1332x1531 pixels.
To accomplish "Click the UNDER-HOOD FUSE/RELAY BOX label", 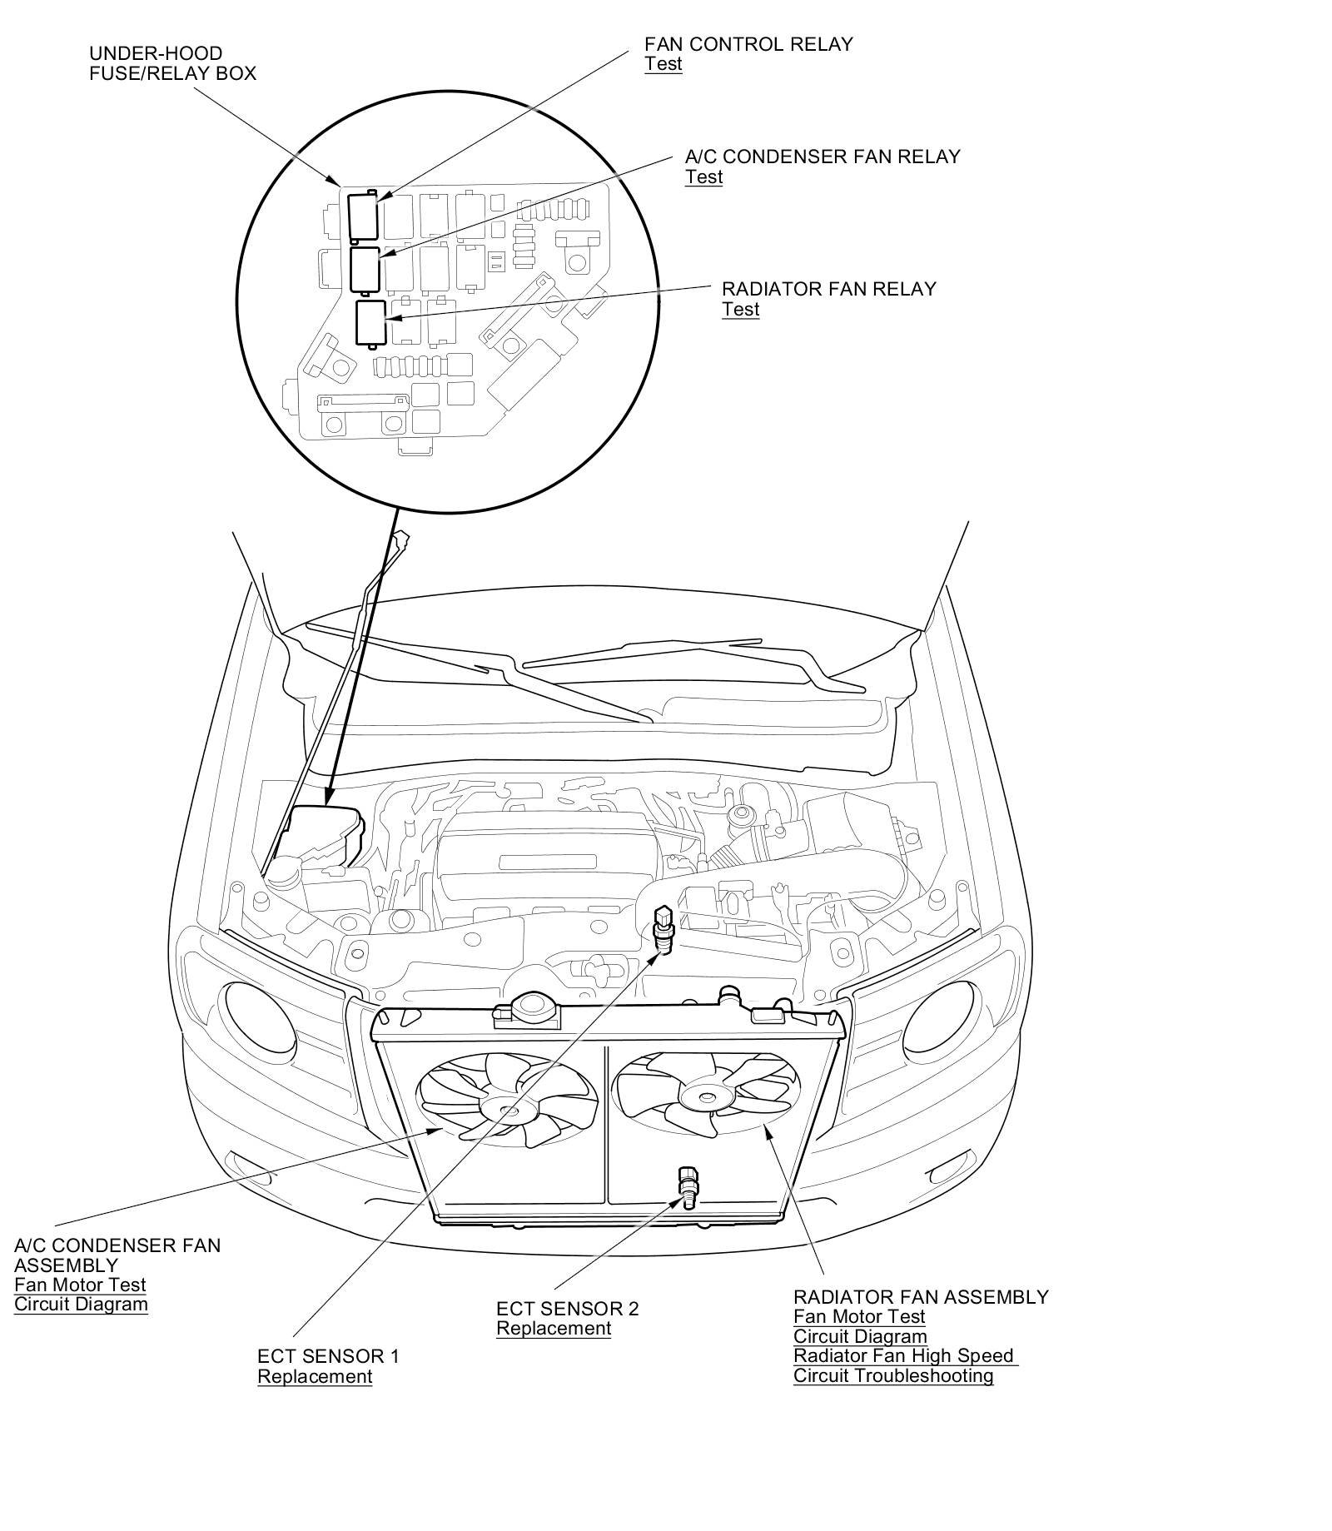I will (x=172, y=64).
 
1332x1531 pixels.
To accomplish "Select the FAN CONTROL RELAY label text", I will (x=748, y=44).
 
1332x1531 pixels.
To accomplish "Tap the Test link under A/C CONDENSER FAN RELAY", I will (x=703, y=176).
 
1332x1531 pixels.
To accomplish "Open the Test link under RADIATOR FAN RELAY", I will (x=740, y=309).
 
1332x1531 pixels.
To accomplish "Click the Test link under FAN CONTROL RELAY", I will (x=663, y=64).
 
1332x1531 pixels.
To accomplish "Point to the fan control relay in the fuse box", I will (x=363, y=216).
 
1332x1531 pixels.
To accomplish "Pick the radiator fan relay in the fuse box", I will (x=370, y=322).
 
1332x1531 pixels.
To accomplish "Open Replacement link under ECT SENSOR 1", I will (x=315, y=1376).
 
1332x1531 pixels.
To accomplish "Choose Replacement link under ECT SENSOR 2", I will (x=554, y=1328).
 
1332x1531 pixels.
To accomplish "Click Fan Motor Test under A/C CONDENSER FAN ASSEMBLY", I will (x=80, y=1285).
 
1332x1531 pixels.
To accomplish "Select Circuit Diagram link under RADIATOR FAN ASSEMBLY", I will (x=860, y=1336).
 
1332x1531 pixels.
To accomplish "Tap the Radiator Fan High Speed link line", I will (x=903, y=1355).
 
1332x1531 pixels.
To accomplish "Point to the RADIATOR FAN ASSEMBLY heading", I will (x=921, y=1296).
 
